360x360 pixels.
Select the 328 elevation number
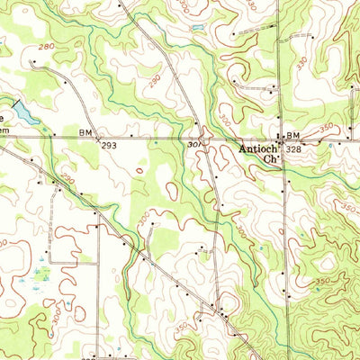click(x=293, y=149)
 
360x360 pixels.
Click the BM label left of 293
click(x=85, y=131)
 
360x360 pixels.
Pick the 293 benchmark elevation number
click(x=110, y=144)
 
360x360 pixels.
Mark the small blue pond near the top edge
click(x=195, y=29)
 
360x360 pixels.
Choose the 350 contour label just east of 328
click(x=323, y=129)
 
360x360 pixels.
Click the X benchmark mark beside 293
click(x=100, y=138)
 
